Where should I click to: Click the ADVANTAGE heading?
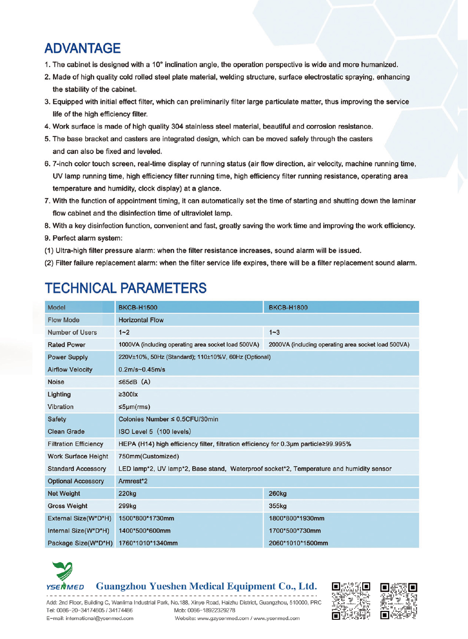click(x=82, y=48)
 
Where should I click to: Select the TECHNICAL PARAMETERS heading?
click(x=125, y=288)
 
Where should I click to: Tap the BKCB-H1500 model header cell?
click(x=138, y=307)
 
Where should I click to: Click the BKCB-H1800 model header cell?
click(x=288, y=307)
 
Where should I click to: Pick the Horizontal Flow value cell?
click(x=141, y=320)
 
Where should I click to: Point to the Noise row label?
click(x=56, y=382)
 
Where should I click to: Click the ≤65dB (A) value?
click(x=134, y=382)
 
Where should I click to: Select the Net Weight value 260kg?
click(x=278, y=494)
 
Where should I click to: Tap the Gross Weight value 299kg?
click(x=127, y=506)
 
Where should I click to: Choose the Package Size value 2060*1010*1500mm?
click(x=298, y=543)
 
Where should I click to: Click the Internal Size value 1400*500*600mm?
click(x=144, y=530)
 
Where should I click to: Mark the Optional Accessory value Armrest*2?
click(x=133, y=481)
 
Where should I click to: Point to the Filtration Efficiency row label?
click(x=75, y=444)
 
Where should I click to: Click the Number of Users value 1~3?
click(x=274, y=332)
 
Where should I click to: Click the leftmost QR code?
click(x=351, y=601)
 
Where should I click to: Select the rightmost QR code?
click(x=399, y=601)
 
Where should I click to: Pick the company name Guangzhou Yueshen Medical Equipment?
click(x=206, y=586)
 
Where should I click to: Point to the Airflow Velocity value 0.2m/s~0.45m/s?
click(x=142, y=370)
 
